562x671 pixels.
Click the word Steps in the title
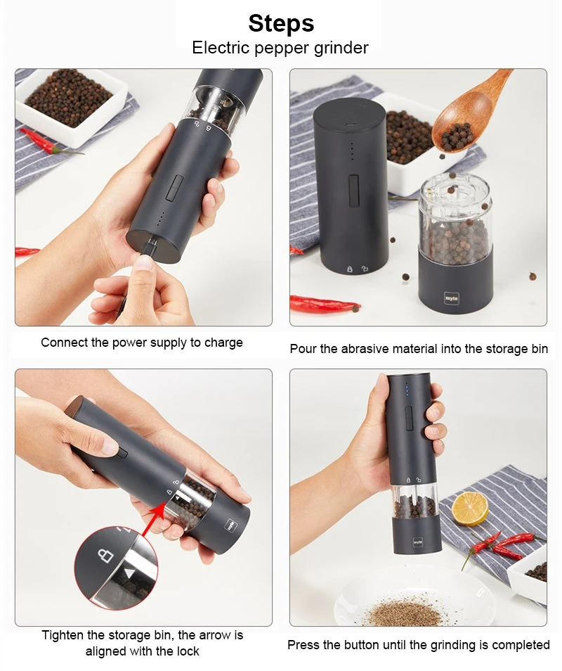[x=281, y=23]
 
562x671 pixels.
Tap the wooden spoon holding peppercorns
[x=466, y=113]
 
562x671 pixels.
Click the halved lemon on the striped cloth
[x=470, y=509]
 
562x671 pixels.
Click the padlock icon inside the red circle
[x=105, y=555]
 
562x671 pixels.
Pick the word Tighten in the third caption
[x=63, y=635]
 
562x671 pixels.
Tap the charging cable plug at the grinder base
[x=149, y=248]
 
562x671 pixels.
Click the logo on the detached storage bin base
[x=451, y=298]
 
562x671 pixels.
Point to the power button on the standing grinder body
[x=353, y=190]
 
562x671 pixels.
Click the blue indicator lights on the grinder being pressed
[x=407, y=390]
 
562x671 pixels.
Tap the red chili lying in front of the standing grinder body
[x=325, y=304]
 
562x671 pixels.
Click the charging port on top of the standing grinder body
[x=352, y=126]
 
